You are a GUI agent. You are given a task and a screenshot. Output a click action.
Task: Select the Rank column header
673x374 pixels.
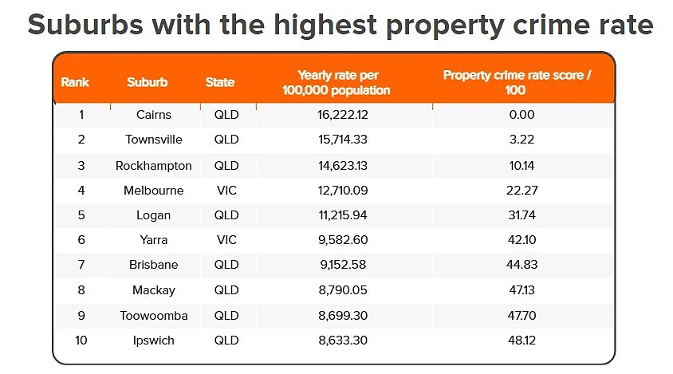75,82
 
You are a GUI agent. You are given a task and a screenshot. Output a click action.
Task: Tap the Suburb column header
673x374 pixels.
148,82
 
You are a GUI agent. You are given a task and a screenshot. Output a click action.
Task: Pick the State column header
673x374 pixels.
220,82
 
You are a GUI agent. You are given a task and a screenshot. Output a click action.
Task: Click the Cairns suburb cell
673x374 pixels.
154,115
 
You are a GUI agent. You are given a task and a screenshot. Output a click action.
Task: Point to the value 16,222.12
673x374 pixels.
343,115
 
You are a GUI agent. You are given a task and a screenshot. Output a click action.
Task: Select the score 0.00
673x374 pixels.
522,115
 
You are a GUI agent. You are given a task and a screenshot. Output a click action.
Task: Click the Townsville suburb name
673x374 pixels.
154,140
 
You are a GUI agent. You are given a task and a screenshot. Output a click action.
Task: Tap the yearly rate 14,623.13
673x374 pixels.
343,166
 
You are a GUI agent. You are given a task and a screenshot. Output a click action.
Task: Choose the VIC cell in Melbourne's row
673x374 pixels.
226,191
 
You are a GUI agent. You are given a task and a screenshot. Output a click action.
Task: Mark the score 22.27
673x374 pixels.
522,191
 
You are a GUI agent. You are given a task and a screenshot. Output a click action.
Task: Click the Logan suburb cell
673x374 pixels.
154,215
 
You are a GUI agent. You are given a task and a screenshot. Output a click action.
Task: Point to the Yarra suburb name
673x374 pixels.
154,239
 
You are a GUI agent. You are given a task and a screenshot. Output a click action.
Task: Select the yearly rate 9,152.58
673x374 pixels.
343,265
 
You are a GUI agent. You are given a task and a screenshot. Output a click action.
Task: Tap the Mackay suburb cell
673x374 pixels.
154,290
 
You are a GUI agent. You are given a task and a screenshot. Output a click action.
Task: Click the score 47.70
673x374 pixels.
522,316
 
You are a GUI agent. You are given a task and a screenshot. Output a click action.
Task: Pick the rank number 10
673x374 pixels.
81,341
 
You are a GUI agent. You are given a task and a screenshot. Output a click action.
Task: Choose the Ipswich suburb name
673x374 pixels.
154,341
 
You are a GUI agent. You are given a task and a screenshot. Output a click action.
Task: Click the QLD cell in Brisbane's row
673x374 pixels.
226,265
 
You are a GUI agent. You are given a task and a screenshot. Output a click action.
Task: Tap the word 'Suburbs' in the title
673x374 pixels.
85,25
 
